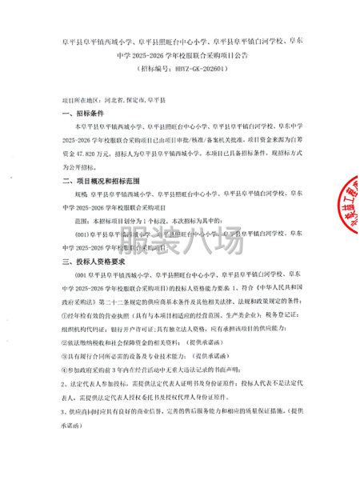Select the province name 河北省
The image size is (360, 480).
(x=114, y=102)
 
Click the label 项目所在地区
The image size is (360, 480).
(x=82, y=102)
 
